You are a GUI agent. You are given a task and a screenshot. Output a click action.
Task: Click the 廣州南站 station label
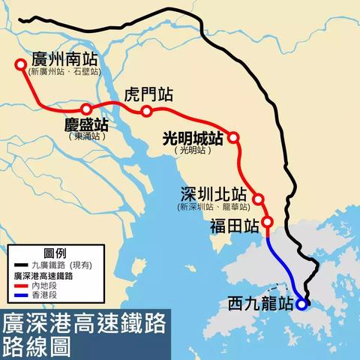click(66, 58)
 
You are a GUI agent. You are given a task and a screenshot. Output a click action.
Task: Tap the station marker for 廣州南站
click(20, 64)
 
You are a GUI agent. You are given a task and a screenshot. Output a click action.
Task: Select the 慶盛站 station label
click(85, 123)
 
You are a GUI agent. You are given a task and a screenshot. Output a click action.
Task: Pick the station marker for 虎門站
click(146, 111)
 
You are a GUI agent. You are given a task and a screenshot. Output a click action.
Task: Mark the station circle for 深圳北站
click(258, 199)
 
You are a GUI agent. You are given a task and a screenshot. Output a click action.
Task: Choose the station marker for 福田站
click(268, 222)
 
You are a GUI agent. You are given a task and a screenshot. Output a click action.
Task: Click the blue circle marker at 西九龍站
click(301, 304)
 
